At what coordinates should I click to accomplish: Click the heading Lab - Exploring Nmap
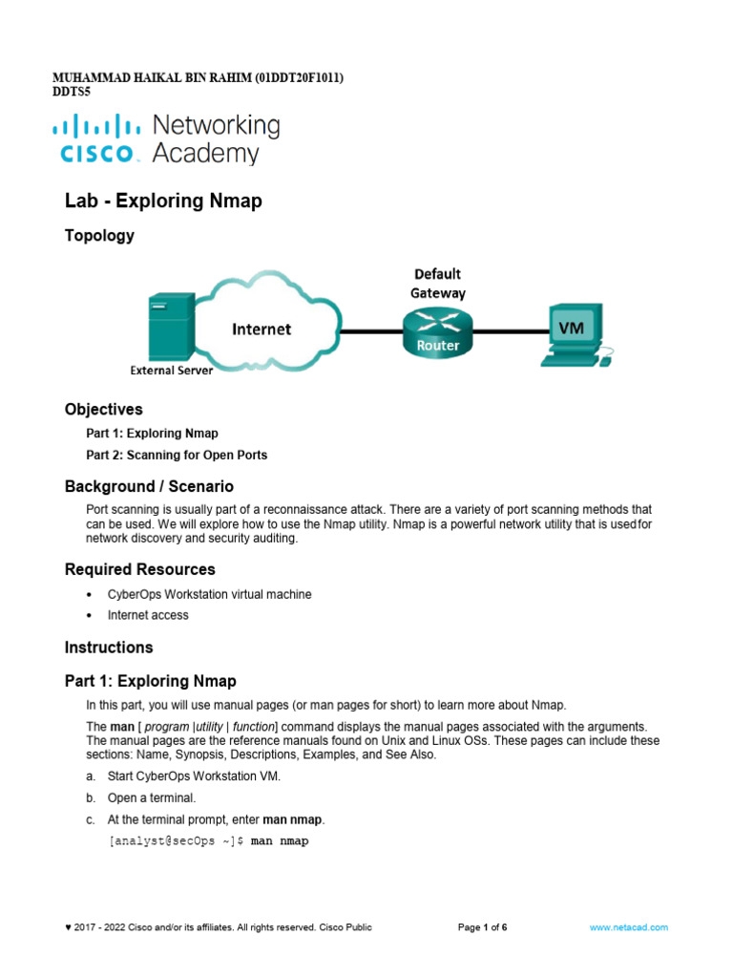point(163,201)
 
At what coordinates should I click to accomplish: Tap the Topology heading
point(99,235)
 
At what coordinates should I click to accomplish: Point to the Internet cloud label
point(262,330)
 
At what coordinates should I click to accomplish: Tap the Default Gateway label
point(438,284)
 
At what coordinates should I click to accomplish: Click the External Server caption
point(172,371)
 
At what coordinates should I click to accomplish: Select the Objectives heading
point(104,409)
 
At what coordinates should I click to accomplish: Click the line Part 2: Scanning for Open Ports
point(177,455)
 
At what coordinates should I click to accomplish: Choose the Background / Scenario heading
point(149,486)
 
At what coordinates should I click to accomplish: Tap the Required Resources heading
point(140,569)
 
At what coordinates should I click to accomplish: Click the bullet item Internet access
point(148,615)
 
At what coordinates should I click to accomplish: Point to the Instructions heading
point(109,647)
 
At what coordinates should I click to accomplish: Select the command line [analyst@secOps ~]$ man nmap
point(209,841)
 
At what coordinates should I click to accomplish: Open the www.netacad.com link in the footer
point(628,927)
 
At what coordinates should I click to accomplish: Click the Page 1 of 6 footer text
point(482,927)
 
